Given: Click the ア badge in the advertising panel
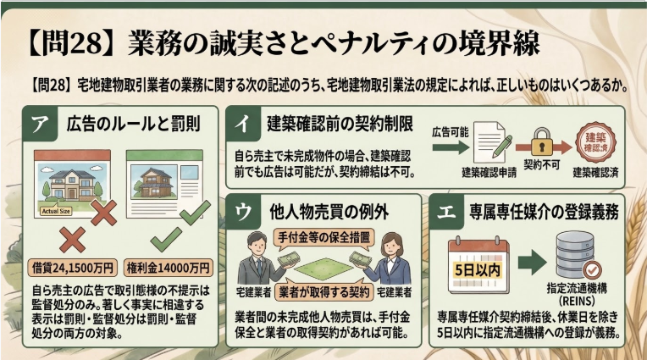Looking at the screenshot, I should pyautogui.click(x=37, y=124).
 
